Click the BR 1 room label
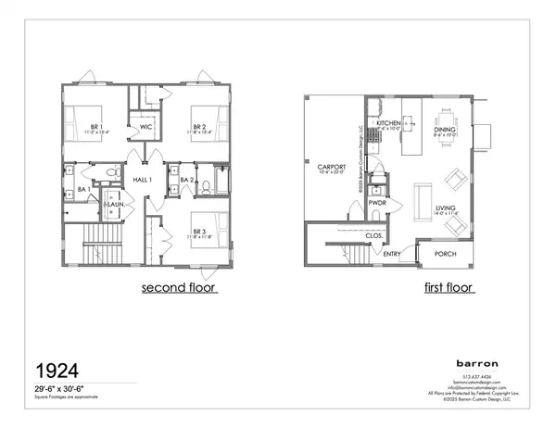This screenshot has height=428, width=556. coord(82,127)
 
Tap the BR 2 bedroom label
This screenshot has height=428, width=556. coord(198,127)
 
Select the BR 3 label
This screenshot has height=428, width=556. coord(198,232)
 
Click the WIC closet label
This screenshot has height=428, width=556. coord(145,127)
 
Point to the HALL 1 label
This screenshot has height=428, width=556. coord(142,180)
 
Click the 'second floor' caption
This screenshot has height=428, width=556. coord(179,288)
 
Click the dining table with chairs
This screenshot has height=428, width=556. coord(451,120)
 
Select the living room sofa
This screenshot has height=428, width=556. coord(421,198)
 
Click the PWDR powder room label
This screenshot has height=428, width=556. coord(377,200)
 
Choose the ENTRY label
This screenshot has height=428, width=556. coord(391,254)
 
